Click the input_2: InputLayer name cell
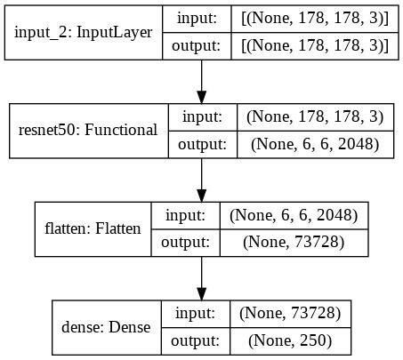[x=83, y=32]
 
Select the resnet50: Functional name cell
[x=87, y=130]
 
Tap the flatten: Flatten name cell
[x=93, y=228]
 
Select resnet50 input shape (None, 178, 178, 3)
[x=315, y=116]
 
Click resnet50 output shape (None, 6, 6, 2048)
[x=315, y=144]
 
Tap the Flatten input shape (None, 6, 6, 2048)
[x=294, y=215]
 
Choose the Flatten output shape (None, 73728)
[x=294, y=243]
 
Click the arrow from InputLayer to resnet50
[x=202, y=82]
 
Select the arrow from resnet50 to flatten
[x=202, y=180]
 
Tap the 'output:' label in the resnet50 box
[x=201, y=144]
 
